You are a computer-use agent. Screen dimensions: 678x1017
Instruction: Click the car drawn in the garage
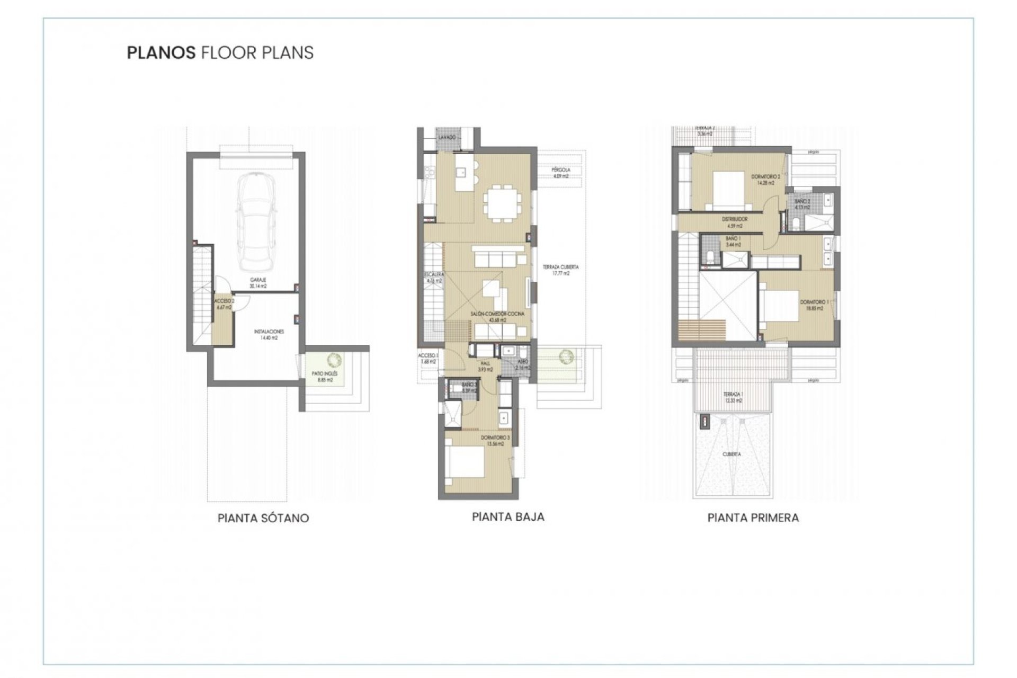point(257,222)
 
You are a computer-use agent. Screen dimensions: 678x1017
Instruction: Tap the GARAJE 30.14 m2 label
point(258,282)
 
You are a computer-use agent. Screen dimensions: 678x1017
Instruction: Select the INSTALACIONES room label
point(269,334)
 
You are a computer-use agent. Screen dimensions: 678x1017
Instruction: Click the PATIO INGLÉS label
point(325,377)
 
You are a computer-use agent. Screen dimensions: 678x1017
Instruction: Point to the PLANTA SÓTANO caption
point(263,518)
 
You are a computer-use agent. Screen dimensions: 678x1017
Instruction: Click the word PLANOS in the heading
point(161,53)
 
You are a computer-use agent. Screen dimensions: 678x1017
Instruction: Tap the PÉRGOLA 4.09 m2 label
point(561,173)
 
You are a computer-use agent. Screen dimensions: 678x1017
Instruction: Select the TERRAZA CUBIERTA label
point(560,270)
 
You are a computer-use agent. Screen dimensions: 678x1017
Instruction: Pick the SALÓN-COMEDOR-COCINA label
point(497,317)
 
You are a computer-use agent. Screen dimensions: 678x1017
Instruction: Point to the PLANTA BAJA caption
point(508,517)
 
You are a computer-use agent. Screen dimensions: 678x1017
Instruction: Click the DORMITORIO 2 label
point(766,179)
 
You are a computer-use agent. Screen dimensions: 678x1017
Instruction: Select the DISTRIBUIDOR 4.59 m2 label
point(735,222)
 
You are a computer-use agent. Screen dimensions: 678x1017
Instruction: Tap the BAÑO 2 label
point(802,204)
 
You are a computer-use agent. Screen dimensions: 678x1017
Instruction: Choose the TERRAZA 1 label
point(734,397)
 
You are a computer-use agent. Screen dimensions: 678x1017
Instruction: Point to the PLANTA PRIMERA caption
point(753,518)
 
